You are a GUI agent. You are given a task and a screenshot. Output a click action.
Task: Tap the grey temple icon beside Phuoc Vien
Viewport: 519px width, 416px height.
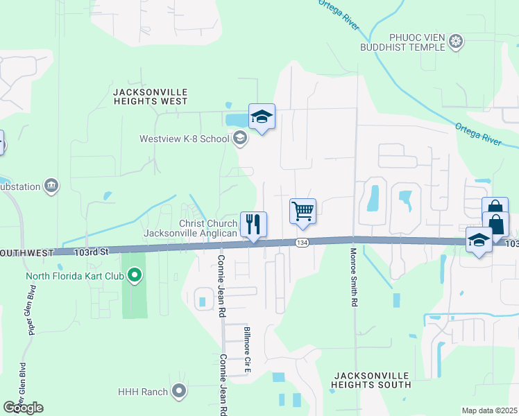456,42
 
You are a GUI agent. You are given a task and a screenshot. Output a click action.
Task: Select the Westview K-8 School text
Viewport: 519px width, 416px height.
184,139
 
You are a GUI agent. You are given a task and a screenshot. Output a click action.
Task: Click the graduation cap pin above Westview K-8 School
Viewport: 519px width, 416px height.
262,117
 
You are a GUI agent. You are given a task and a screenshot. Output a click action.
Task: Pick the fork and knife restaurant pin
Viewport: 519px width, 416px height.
253,225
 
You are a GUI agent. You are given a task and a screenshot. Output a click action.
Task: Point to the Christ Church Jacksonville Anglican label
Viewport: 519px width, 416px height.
190,228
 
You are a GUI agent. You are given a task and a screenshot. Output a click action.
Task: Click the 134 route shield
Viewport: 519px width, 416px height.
302,243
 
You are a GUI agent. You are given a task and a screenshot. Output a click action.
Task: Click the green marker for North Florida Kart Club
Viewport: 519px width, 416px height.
135,277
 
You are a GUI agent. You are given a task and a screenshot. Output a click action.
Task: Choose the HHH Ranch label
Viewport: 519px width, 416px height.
143,392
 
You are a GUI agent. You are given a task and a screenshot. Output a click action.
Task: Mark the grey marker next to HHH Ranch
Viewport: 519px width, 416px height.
180,392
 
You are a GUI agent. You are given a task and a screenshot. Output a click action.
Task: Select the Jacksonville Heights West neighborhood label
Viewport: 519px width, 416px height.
150,96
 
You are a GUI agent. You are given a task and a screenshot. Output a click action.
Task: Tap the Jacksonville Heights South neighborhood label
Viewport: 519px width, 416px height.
371,380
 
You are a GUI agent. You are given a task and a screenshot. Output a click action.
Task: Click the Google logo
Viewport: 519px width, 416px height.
23,408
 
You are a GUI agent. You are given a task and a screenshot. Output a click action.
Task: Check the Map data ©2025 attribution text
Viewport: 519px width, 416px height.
489,410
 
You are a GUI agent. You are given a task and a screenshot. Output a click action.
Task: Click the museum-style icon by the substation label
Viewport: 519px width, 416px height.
51,185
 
